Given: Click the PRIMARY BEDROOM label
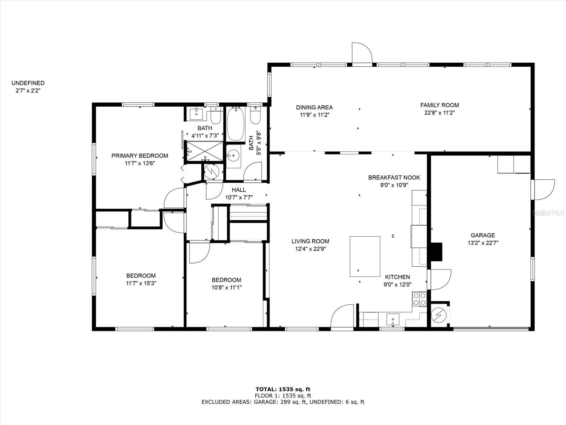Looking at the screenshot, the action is [139, 155].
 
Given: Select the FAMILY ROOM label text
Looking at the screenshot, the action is [439, 105].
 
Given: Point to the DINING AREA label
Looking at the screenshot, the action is [314, 107].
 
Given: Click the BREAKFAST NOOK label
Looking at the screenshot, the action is [394, 177].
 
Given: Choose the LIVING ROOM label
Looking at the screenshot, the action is [310, 241].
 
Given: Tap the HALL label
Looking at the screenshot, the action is [238, 190].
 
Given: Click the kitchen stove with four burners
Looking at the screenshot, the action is [419, 299].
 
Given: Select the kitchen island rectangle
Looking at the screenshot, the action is [365, 256].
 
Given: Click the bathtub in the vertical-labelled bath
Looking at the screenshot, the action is [236, 124].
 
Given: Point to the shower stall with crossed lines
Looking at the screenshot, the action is [204, 151].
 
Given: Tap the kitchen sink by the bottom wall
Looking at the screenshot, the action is [393, 319].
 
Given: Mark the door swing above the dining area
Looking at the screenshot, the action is [362, 53].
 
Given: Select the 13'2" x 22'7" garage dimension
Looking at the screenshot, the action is [483, 243].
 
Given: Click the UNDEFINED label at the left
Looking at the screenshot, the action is [28, 83].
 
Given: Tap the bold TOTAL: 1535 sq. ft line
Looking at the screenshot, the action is [283, 389].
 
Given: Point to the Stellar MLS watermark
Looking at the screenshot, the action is [548, 213].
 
